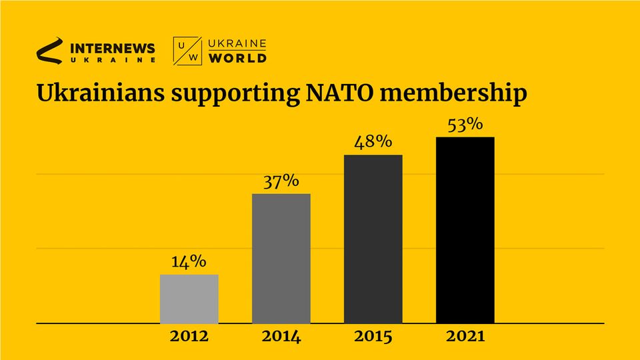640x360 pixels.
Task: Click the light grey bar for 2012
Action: pos(189,299)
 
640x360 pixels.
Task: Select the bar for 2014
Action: pos(281,259)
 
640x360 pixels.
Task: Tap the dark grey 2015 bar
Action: pos(373,239)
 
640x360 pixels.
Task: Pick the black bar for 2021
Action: pos(465,230)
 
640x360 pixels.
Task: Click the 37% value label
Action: pos(281,181)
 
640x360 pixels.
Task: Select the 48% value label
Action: pos(373,143)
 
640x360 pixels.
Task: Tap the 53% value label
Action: pos(465,125)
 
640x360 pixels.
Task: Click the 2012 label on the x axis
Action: pos(189,337)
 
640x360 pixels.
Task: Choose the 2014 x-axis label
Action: pos(281,337)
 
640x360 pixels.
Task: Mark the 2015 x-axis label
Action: pos(373,337)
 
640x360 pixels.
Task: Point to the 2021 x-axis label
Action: pos(465,337)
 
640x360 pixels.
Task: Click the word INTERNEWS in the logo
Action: pos(112,48)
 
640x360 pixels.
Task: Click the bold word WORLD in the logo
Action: pos(238,58)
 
